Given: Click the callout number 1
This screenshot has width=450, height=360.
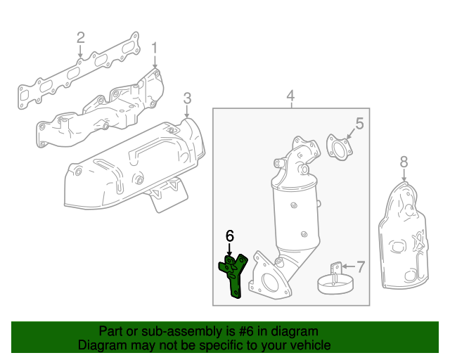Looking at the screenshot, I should point(155,49).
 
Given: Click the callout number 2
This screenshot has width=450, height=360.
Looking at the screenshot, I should point(80,37).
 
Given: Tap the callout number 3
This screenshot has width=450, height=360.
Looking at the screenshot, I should point(187,97).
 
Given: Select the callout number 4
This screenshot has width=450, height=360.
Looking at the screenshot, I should point(290,96).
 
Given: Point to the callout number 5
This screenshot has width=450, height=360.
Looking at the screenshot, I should point(359,124).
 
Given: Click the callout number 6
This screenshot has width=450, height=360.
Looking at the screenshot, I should point(229,236).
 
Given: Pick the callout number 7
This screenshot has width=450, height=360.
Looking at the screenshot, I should point(360,266).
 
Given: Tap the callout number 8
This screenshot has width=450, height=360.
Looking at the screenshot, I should point(404,163).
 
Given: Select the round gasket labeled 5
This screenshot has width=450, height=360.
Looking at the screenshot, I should point(341,149).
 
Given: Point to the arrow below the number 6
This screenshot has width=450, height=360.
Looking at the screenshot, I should point(229,249).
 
